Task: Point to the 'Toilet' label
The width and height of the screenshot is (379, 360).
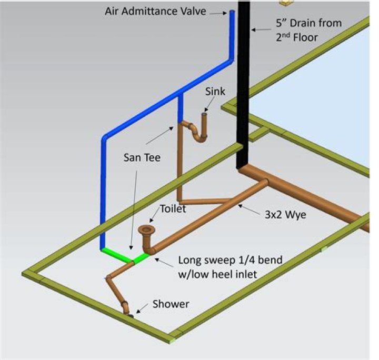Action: coord(174,209)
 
